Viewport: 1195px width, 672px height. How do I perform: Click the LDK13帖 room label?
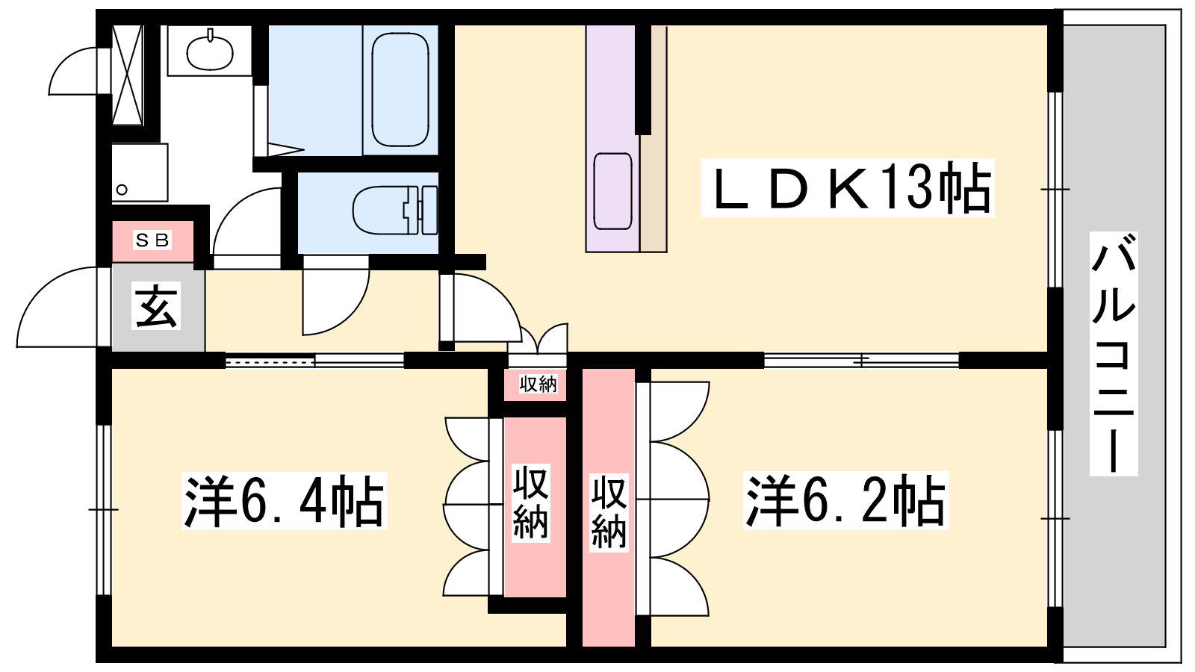click(x=847, y=187)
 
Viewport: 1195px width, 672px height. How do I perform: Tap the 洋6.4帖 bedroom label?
click(x=284, y=500)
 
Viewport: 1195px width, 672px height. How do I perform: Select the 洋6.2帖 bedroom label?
click(x=845, y=500)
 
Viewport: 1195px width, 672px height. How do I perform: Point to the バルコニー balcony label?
click(x=1114, y=354)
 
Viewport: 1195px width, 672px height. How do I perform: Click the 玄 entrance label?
click(x=156, y=305)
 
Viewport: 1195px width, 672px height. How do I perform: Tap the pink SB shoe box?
click(x=152, y=241)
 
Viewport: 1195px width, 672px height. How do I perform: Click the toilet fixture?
click(x=395, y=210)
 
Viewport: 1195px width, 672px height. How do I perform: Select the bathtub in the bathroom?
click(x=400, y=89)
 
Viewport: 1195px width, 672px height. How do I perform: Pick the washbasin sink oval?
click(x=210, y=52)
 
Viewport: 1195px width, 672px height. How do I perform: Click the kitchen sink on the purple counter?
click(x=612, y=191)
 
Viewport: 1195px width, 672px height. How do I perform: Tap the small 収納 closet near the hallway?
click(x=538, y=384)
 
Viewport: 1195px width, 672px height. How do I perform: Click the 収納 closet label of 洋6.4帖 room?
click(x=531, y=503)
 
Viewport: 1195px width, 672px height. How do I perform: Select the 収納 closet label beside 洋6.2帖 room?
click(x=609, y=512)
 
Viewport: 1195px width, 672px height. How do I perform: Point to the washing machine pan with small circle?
click(x=140, y=172)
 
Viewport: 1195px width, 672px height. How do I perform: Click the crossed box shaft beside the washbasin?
click(x=128, y=75)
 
